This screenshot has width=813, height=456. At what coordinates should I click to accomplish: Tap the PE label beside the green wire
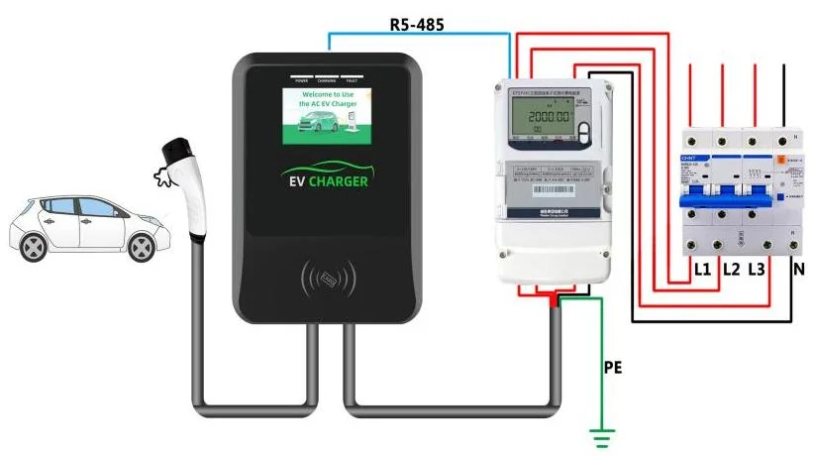point(614,367)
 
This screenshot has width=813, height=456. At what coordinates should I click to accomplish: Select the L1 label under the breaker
point(702,269)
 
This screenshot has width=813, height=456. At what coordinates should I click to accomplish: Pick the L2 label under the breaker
point(732,269)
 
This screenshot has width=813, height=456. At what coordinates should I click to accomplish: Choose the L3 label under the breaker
point(758,269)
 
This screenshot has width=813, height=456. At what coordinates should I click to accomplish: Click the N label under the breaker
point(796,269)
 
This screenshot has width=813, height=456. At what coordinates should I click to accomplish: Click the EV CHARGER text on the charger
point(326,181)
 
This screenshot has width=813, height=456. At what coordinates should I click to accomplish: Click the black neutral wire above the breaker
point(786,94)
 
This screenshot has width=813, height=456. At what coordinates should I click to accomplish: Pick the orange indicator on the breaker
point(782,158)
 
